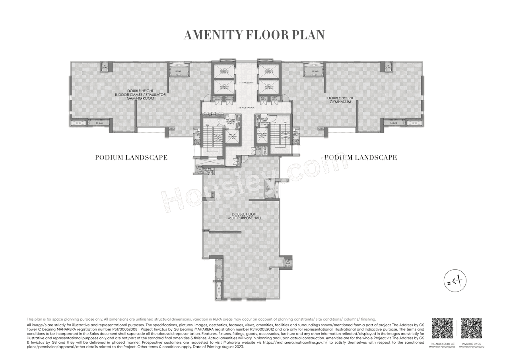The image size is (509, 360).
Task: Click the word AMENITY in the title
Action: tap(211, 35)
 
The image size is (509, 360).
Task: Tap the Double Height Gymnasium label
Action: tap(340, 100)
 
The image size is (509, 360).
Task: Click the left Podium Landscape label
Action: tap(131, 158)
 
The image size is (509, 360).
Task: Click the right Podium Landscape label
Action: tap(361, 158)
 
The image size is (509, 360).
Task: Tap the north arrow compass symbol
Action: tap(455, 281)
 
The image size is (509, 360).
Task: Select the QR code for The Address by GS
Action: tap(442, 328)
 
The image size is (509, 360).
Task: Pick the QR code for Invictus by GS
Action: tap(472, 328)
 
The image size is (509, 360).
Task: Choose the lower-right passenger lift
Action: tap(267, 87)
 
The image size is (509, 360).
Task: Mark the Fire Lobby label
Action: tap(231, 121)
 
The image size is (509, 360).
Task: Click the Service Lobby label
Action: tap(264, 120)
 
